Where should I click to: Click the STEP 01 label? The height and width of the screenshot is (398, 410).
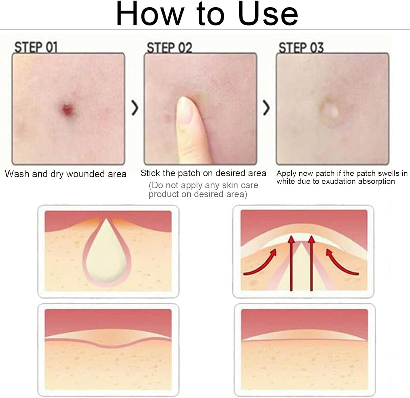(36, 47)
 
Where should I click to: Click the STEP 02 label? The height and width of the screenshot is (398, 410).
(169, 47)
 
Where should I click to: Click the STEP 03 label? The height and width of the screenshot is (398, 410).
(301, 47)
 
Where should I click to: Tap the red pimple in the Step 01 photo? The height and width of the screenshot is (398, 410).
(68, 109)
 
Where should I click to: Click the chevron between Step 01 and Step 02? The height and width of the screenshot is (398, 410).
(135, 108)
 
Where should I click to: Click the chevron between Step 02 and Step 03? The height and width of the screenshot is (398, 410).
(266, 108)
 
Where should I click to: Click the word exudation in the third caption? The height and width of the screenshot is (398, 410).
(340, 181)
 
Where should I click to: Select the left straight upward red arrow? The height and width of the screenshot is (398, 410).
(291, 263)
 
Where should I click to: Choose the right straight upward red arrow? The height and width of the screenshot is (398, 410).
(312, 263)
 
